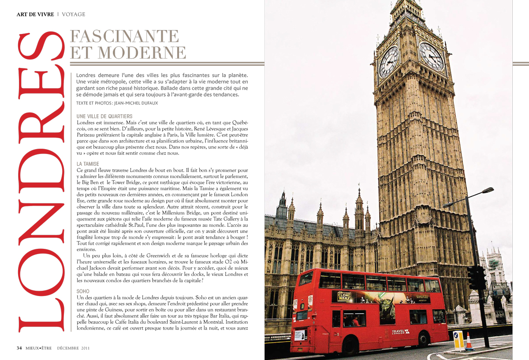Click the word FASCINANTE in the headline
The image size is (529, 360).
point(125,36)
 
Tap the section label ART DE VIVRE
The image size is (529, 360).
point(35,15)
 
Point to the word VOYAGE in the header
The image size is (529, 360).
point(74,15)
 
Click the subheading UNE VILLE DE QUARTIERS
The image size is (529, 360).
point(104,116)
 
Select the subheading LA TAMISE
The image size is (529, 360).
point(88,164)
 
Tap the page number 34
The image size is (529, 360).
point(19,348)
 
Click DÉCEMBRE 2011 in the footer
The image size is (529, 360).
point(74,348)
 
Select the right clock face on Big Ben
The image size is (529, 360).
point(431,56)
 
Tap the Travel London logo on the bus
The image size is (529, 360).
point(401,331)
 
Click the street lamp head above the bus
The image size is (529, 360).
point(487,190)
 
